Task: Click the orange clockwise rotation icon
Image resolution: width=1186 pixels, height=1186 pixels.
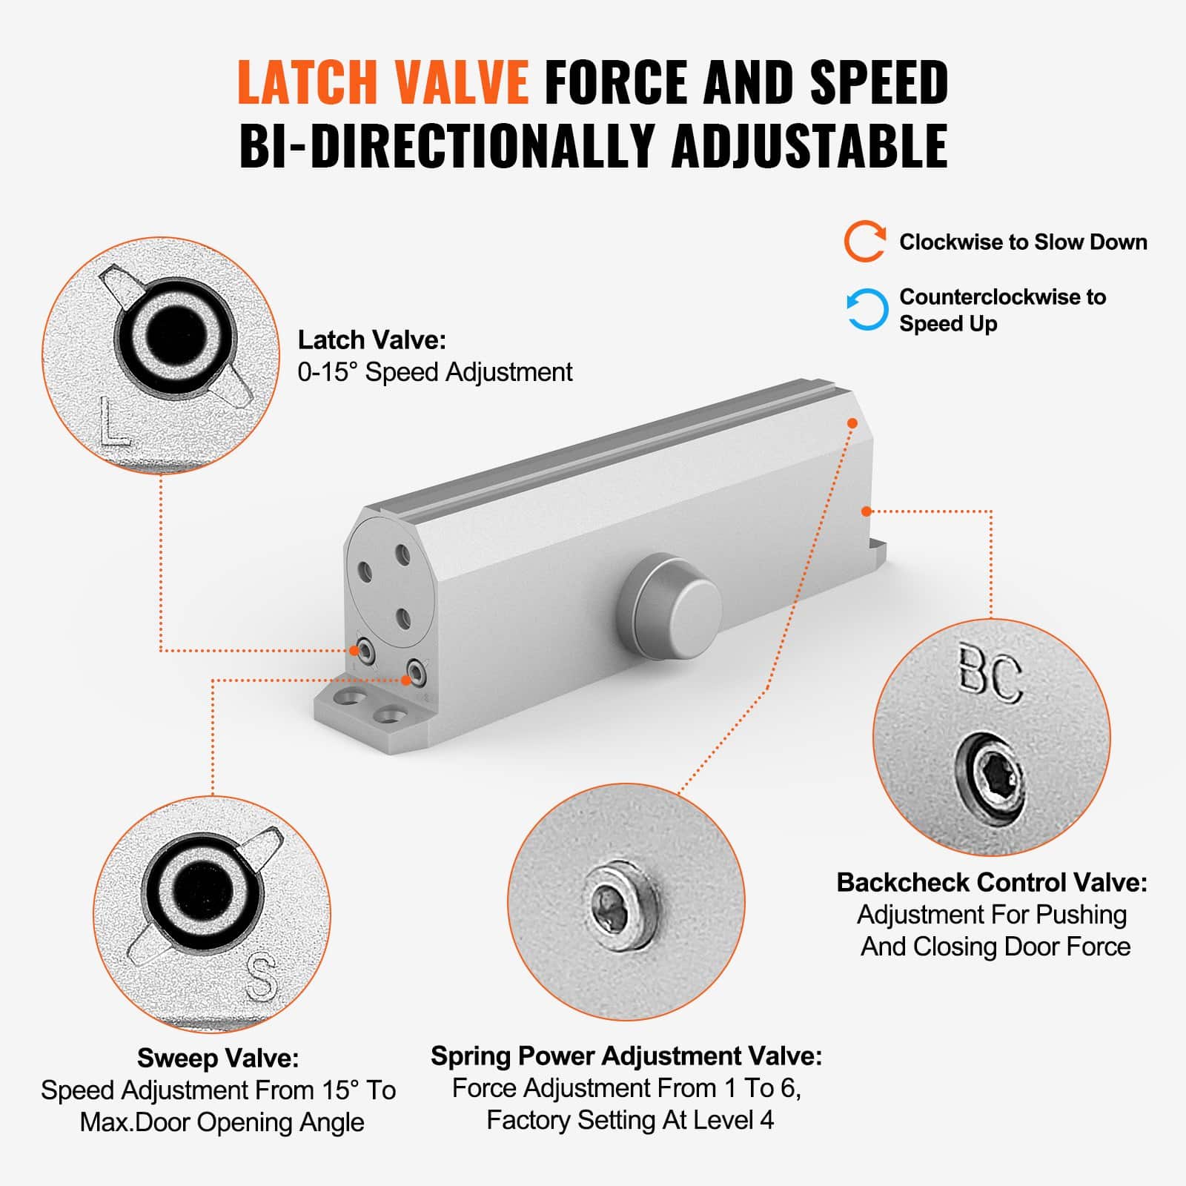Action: (865, 242)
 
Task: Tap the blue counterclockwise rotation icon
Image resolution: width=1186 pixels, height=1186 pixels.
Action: (867, 309)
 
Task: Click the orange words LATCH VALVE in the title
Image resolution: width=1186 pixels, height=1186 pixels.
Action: (382, 82)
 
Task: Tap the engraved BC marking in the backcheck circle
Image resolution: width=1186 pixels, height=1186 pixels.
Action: (990, 674)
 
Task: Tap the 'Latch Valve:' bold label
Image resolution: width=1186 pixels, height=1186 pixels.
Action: (372, 340)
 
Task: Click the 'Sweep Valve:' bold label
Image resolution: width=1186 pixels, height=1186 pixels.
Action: (218, 1058)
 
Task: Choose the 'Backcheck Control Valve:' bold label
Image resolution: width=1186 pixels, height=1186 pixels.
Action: (992, 882)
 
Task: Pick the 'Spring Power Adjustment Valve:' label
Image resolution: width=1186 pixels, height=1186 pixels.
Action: (626, 1056)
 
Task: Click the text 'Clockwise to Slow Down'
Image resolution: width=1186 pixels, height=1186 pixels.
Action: (1023, 242)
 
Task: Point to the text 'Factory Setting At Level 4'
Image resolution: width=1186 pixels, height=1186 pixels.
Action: (630, 1119)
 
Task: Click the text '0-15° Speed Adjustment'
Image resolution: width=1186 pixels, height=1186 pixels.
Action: (435, 372)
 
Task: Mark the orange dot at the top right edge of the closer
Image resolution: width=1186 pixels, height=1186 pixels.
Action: (852, 423)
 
